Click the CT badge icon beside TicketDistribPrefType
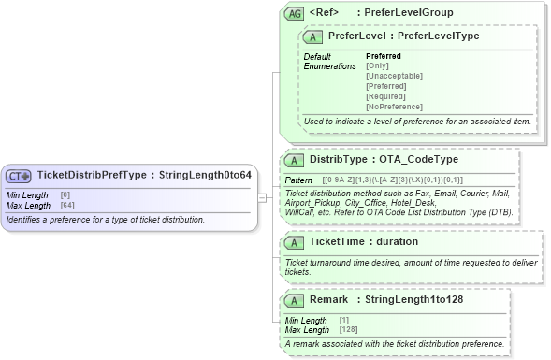coord(19,175)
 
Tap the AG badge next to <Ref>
coord(294,13)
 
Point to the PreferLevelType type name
coord(439,36)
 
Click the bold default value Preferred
coord(383,56)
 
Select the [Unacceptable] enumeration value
coord(394,76)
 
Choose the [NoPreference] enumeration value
coord(394,107)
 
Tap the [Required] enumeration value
coord(385,96)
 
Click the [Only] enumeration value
coord(377,65)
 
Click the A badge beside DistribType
coord(294,160)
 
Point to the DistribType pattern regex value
coord(392,180)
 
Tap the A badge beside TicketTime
coord(294,241)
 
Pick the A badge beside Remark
coord(294,300)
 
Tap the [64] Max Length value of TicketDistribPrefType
coord(66,205)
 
